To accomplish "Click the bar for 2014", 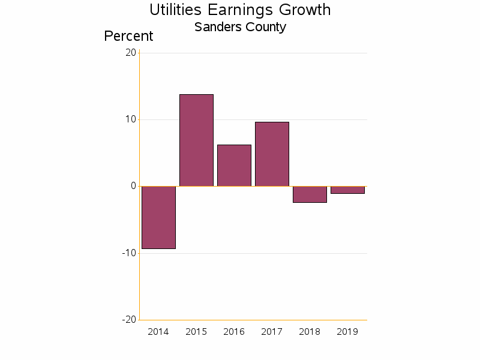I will point(158,217).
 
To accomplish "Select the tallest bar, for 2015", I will point(196,140).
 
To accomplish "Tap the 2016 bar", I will point(234,166).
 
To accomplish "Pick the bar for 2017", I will point(272,154).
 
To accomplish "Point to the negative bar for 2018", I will point(310,194).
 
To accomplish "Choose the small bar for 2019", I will point(347,190).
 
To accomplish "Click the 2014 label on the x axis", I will point(158,332).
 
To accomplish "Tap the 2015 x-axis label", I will point(196,332).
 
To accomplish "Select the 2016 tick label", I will point(234,332).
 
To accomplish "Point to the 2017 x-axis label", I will point(272,332).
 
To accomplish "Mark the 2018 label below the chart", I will point(310,332).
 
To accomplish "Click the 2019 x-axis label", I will point(347,332).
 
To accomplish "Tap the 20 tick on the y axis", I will point(131,53).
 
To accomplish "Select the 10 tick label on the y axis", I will point(131,119).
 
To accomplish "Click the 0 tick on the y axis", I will point(133,186).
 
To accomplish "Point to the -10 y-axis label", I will point(129,253).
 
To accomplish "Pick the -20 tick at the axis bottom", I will point(129,320).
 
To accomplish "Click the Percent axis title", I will point(128,36).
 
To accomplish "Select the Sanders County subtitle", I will point(240,27).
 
